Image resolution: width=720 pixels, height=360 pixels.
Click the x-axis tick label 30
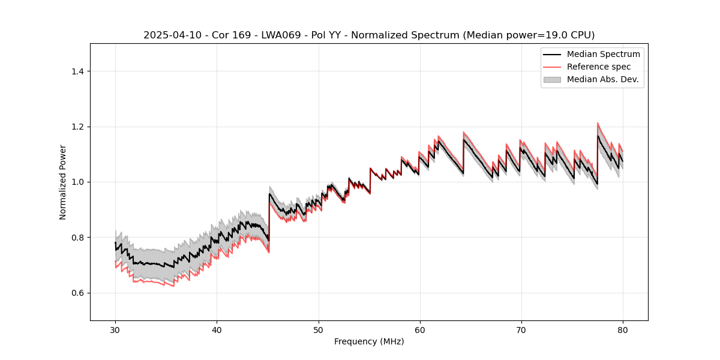point(115,330)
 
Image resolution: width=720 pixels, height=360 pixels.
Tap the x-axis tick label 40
point(217,330)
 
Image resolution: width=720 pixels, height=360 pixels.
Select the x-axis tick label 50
point(318,330)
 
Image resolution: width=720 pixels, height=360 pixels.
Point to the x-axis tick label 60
point(419,330)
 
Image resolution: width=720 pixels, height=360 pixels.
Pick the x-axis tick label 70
point(521,330)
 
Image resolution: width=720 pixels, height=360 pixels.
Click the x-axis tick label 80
point(622,330)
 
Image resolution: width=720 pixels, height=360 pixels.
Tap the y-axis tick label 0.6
point(77,293)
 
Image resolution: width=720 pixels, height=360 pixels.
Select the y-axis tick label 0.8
point(77,238)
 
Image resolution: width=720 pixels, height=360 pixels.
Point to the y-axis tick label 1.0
point(77,182)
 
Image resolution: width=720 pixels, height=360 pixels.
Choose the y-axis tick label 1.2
point(77,127)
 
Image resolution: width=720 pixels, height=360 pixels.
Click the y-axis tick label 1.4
point(77,71)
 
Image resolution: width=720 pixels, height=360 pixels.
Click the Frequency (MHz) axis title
point(369,341)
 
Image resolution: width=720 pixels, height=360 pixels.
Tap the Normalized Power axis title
point(63,182)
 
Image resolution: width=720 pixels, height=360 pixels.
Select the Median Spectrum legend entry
point(603,54)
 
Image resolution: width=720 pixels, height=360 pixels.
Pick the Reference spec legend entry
point(599,67)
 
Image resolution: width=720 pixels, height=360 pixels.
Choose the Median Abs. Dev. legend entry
point(602,79)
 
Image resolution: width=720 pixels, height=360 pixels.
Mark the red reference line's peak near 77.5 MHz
point(598,124)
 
